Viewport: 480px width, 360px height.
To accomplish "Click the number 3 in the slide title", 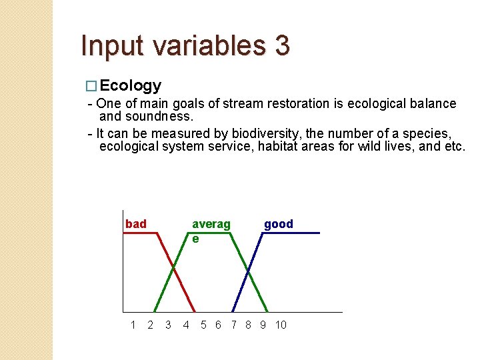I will tap(281, 46).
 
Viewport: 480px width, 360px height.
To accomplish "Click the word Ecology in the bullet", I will tap(131, 85).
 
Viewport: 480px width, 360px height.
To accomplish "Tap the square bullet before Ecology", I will tap(93, 86).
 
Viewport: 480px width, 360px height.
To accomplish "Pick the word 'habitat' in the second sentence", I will tap(279, 146).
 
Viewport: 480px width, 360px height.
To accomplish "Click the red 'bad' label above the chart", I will tap(136, 224).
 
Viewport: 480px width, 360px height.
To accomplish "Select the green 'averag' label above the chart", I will tap(211, 225).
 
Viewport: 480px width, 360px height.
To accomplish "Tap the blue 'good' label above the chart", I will tap(279, 224).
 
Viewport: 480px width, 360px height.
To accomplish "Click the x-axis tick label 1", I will tap(133, 325).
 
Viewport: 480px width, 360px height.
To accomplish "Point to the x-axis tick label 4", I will tap(186, 325).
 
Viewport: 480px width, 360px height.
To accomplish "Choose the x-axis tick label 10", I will tap(281, 325).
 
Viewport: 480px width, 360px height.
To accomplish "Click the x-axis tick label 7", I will tap(233, 325).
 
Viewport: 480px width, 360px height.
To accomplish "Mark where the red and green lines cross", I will tap(174, 269).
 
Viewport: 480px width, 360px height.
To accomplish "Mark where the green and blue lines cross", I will tap(248, 270).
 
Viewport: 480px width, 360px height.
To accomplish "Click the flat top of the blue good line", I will tap(290, 233).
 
